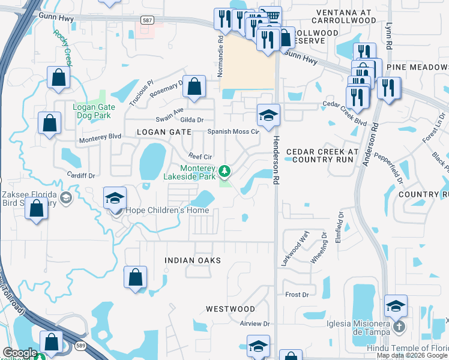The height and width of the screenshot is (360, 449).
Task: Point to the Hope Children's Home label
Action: pyautogui.click(x=167, y=210)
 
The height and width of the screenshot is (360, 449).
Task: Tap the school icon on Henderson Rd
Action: pyautogui.click(x=268, y=115)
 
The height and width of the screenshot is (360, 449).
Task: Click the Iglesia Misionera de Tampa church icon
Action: pyautogui.click(x=399, y=327)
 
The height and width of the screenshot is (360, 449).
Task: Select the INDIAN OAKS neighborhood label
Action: pyautogui.click(x=193, y=260)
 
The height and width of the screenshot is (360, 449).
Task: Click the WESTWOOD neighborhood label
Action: pyautogui.click(x=231, y=308)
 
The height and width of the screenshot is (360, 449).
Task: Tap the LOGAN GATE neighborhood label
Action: pyautogui.click(x=163, y=131)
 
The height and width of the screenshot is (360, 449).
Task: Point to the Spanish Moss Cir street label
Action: pyautogui.click(x=233, y=131)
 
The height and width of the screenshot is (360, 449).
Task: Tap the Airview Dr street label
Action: pyautogui.click(x=255, y=323)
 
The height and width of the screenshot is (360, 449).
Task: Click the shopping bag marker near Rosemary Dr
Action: pyautogui.click(x=194, y=87)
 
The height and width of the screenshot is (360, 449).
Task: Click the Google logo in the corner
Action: pyautogui.click(x=20, y=353)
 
